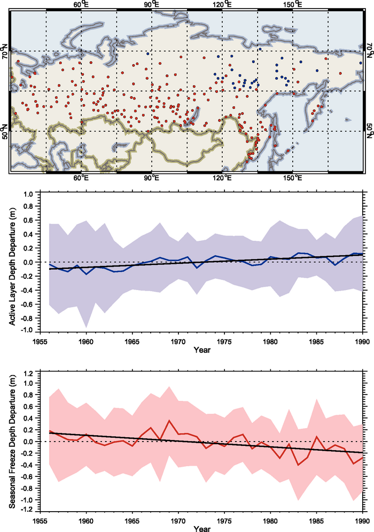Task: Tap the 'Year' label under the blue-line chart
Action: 201,351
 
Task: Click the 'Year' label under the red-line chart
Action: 201,528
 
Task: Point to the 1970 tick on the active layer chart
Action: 178,340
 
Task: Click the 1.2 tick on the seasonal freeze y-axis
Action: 27,372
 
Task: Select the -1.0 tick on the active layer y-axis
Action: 26,331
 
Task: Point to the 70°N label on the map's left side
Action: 5,55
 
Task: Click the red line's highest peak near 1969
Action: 169,421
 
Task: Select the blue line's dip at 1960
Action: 86,274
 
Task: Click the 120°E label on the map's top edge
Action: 222,4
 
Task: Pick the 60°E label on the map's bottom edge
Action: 81,178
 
